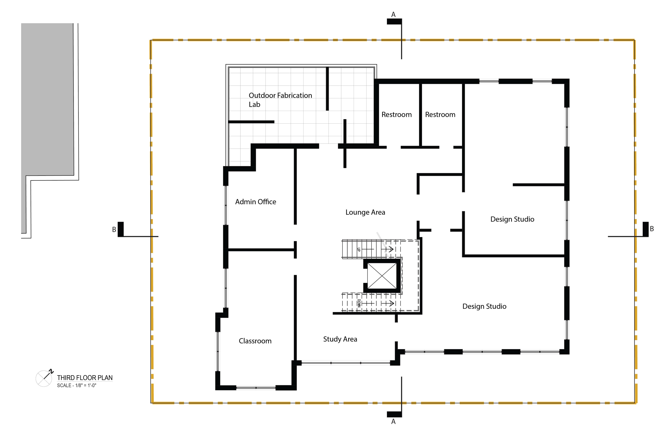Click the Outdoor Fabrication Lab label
pos(280,100)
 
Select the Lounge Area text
pos(365,212)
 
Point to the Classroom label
pos(255,341)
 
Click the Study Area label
pos(340,339)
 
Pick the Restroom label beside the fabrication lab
pos(397,115)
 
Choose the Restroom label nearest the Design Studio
pos(440,115)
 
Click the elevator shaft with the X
pos(382,275)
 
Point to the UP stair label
pos(359,249)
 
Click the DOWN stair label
pos(359,303)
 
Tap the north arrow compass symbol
pos(44,378)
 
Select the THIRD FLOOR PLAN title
pos(85,378)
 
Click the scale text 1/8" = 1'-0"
pos(86,386)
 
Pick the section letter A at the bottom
pos(393,421)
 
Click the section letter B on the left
pos(114,230)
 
